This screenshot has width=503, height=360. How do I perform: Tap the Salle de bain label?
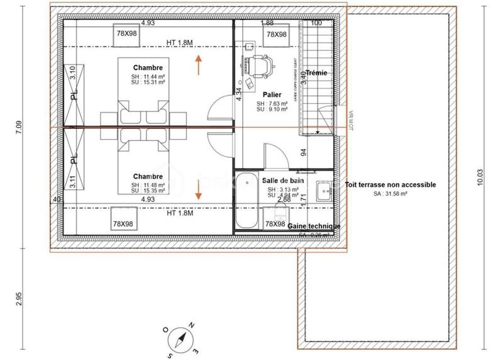pyautogui.click(x=279, y=180)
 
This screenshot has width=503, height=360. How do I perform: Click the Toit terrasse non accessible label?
pyautogui.click(x=390, y=185)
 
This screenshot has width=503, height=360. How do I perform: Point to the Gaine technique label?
pyautogui.click(x=314, y=226)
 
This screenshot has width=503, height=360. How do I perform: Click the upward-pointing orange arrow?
pyautogui.click(x=199, y=64)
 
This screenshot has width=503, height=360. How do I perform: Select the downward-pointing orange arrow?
pyautogui.click(x=199, y=189)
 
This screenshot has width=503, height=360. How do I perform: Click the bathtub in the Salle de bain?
pyautogui.click(x=246, y=201)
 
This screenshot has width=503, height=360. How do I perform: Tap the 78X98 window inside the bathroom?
pyautogui.click(x=275, y=224)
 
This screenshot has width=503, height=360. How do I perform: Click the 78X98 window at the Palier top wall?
pyautogui.click(x=276, y=35)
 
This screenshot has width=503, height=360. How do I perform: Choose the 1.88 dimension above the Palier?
pyautogui.click(x=267, y=23)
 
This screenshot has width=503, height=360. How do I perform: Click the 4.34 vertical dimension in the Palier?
pyautogui.click(x=239, y=94)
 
